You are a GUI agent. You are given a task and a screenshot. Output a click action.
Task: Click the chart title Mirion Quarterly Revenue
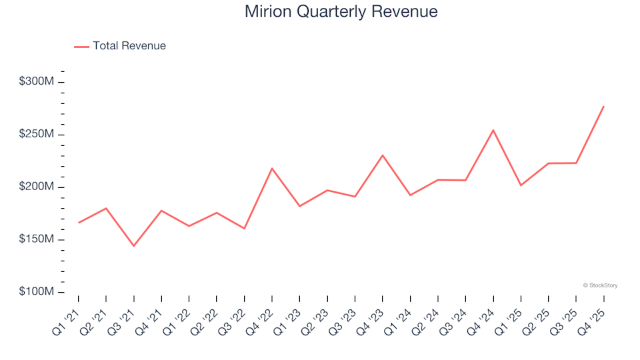point(341,11)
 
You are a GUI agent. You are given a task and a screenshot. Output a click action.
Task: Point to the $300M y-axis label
point(37,82)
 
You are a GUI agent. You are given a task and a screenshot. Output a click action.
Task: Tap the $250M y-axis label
point(37,135)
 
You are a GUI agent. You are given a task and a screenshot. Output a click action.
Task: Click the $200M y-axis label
point(37,187)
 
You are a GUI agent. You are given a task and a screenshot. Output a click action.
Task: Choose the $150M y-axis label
point(37,239)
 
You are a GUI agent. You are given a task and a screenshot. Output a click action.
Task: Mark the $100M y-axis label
point(37,292)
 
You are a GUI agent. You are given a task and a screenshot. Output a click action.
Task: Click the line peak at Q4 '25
point(603,106)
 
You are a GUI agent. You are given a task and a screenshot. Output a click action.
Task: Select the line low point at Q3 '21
point(133,246)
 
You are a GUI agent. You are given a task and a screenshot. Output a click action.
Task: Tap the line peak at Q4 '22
point(271,168)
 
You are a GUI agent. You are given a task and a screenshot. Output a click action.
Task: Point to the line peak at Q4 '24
point(493,130)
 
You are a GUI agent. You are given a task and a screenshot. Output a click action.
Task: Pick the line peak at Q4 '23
point(382,155)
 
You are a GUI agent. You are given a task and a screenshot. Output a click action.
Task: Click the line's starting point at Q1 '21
point(78,223)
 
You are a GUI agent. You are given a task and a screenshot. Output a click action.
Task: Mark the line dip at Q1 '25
point(521,185)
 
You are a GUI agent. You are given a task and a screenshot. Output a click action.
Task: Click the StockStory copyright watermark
point(600,285)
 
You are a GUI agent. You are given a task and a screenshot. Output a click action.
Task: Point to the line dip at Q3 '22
point(244,229)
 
